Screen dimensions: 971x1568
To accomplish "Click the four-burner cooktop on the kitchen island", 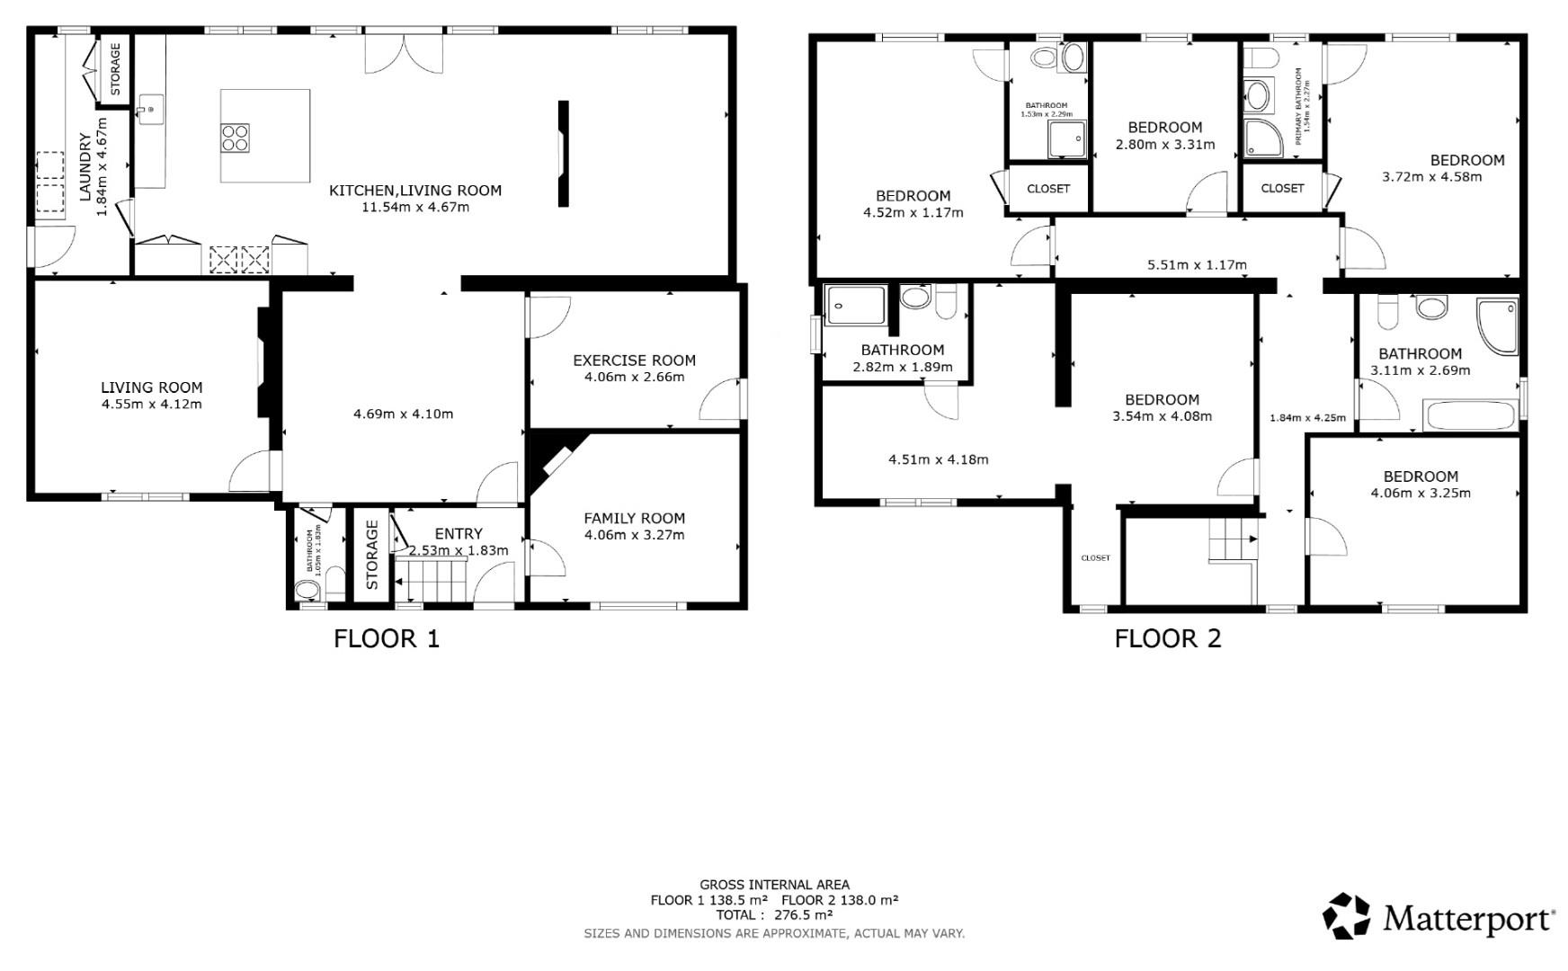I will click(236, 138).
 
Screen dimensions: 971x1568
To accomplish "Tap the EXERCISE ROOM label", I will click(634, 361).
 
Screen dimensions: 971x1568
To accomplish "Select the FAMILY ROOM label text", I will click(634, 518).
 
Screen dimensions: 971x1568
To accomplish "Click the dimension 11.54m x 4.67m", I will click(415, 207).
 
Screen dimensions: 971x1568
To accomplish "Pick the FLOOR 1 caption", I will click(387, 638).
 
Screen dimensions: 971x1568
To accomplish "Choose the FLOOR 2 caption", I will click(1167, 638).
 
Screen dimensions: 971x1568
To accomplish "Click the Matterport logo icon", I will click(1346, 916).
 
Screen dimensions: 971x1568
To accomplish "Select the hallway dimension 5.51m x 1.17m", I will click(1197, 264).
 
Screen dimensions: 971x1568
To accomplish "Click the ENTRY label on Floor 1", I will click(459, 533).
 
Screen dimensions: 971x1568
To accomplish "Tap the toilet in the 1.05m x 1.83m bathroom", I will click(307, 590).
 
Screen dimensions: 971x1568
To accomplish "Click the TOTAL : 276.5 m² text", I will click(774, 915).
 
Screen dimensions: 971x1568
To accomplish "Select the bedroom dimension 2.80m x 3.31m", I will click(1164, 144).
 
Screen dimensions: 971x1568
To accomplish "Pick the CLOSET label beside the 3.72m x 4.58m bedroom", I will click(1282, 188).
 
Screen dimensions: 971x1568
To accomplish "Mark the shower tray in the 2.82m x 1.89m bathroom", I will click(855, 305).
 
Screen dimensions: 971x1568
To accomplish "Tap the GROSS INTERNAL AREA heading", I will click(774, 885).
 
